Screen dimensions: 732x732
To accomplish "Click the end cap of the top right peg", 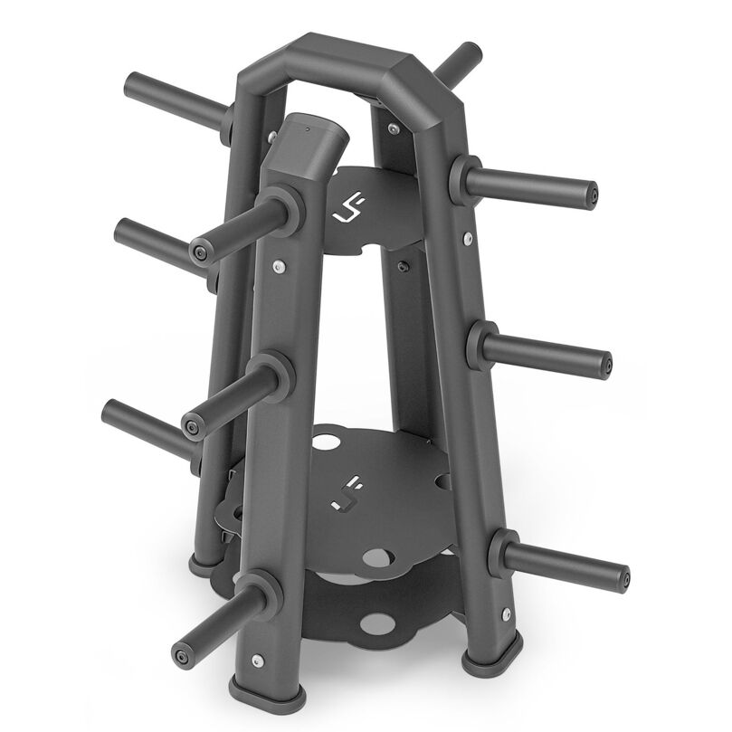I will point(591,194).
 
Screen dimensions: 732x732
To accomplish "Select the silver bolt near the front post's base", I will point(262,662).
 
